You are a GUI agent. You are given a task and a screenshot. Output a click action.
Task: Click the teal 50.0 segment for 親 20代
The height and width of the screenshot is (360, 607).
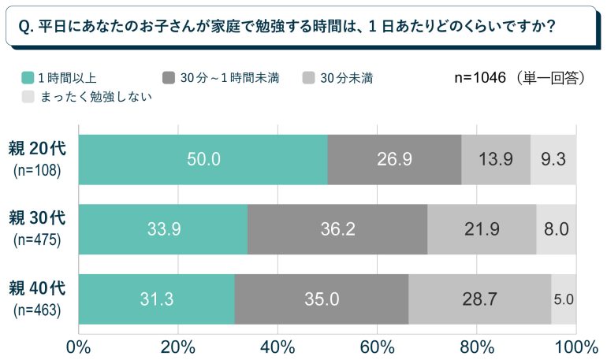click(x=203, y=159)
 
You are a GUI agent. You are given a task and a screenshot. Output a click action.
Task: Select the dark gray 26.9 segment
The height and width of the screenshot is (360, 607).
click(x=394, y=159)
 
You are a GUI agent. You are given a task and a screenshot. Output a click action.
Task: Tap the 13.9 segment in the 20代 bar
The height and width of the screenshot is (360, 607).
click(x=496, y=159)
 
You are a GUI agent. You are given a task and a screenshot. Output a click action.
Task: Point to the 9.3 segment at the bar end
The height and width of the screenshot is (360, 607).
click(x=553, y=159)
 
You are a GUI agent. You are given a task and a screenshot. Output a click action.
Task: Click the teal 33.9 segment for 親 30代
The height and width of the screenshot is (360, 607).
click(x=163, y=229)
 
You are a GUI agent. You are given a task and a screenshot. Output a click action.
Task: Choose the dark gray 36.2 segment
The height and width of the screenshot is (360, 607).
click(x=337, y=229)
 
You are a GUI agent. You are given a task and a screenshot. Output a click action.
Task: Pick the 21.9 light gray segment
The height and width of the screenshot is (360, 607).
click(x=482, y=229)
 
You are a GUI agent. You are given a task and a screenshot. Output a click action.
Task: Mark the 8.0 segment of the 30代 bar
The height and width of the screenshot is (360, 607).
click(x=557, y=229)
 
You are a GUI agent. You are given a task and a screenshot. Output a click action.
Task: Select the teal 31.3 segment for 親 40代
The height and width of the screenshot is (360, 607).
click(x=157, y=299)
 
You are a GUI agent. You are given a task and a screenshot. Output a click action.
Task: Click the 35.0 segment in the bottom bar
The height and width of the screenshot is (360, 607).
click(x=322, y=299)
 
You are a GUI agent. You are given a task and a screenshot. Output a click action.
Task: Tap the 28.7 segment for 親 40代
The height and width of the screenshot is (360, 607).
click(x=479, y=299)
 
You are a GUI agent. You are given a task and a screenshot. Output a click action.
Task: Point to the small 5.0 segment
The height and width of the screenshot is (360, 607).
click(x=564, y=299)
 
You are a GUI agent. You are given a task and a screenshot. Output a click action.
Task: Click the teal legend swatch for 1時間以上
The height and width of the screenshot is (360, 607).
click(x=28, y=78)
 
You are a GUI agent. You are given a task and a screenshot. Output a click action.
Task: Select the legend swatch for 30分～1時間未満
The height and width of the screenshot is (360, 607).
click(x=168, y=78)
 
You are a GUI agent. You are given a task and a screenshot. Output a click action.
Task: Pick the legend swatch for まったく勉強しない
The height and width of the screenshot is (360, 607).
click(x=28, y=97)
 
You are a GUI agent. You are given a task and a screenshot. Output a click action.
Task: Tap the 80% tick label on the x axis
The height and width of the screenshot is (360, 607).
click(x=476, y=347)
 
